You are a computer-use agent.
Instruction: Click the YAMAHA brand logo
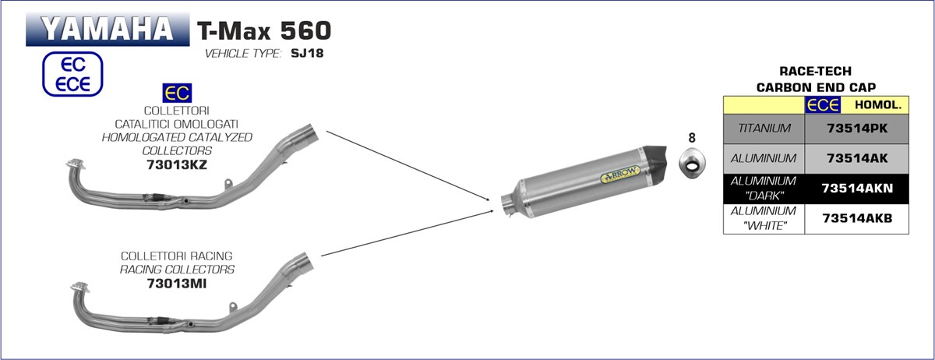pos(108,29)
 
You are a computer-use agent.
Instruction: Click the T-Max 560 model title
pos(264,30)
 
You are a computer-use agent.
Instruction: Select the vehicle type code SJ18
pos(307,54)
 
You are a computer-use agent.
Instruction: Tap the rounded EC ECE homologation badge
pos(72,74)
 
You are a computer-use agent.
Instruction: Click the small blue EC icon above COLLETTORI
pos(177,94)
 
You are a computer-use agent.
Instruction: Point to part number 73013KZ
pos(177,164)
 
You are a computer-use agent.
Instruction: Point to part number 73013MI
pos(177,284)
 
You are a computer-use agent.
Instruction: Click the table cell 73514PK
pos(857,129)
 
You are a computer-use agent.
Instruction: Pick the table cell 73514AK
pos(857,158)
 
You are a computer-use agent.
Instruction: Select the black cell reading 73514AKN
pos(857,189)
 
